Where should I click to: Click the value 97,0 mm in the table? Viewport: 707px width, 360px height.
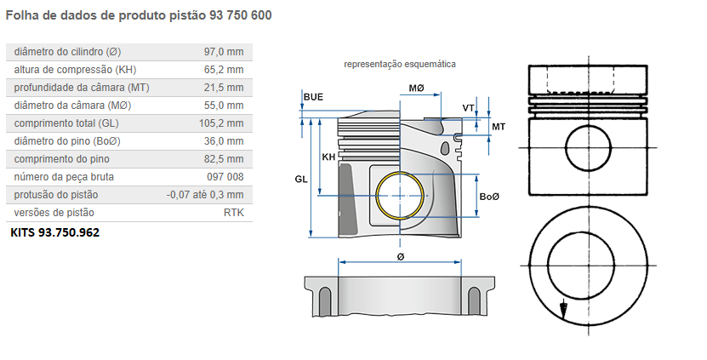pyautogui.click(x=224, y=52)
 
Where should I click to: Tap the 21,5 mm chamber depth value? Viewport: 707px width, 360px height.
pyautogui.click(x=224, y=88)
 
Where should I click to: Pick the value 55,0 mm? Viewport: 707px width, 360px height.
pyautogui.click(x=224, y=106)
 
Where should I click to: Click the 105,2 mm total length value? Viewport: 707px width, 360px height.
pyautogui.click(x=221, y=123)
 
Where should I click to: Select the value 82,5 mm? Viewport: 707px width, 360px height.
pyautogui.click(x=224, y=159)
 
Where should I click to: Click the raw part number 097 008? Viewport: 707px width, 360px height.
pyautogui.click(x=225, y=177)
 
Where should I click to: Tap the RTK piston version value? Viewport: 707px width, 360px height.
pyautogui.click(x=233, y=213)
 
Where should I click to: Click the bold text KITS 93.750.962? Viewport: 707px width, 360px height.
pyautogui.click(x=54, y=231)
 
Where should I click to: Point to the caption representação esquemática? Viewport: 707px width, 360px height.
pyautogui.click(x=399, y=64)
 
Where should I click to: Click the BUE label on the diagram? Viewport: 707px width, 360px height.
pyautogui.click(x=313, y=98)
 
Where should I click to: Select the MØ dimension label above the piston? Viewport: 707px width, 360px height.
pyautogui.click(x=416, y=89)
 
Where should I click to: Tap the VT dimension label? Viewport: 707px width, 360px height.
pyautogui.click(x=468, y=107)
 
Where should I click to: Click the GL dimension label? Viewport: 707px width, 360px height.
pyautogui.click(x=300, y=180)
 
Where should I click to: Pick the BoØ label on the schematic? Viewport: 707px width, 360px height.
pyautogui.click(x=489, y=197)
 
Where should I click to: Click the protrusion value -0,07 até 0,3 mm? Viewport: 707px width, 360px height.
pyautogui.click(x=205, y=195)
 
